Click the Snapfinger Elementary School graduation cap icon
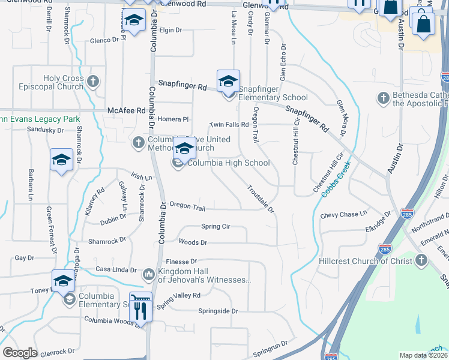click(228, 81)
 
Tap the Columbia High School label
click(228, 163)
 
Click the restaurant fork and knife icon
click(141, 310)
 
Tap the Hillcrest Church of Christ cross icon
click(421, 260)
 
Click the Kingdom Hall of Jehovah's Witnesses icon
click(149, 275)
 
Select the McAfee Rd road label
click(126, 111)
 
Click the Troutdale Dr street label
click(260, 199)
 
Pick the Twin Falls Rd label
click(229, 125)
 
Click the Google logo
click(20, 353)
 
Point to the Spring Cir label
click(215, 227)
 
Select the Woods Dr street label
click(193, 242)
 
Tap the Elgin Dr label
click(170, 30)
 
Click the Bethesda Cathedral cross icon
click(383, 98)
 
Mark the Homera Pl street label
click(173, 119)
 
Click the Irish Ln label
click(141, 178)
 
